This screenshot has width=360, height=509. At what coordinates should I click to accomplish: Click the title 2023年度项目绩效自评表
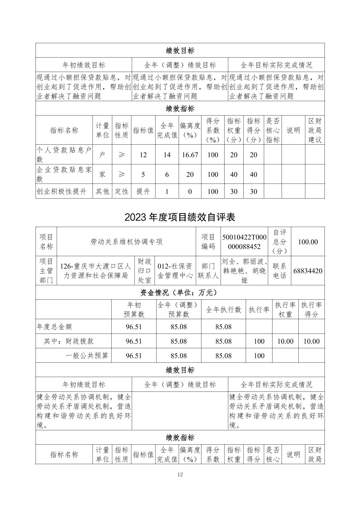180,217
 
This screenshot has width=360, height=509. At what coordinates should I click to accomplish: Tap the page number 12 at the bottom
180,474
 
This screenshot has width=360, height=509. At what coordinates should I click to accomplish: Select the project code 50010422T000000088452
244,242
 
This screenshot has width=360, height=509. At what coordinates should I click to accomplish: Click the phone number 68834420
308,271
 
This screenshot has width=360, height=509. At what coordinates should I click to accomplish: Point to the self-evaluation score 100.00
308,242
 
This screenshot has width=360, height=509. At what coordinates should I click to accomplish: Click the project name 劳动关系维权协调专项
126,242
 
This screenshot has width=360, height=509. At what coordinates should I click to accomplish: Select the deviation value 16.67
190,155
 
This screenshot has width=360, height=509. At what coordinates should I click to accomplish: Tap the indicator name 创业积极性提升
62,192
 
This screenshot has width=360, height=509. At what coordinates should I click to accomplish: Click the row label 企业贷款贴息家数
64,174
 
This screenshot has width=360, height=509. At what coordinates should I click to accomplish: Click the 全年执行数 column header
223,310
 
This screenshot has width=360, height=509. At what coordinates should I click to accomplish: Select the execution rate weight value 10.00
285,341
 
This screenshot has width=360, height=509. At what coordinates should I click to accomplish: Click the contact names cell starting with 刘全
244,271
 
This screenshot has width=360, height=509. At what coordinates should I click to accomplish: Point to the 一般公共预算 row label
87,356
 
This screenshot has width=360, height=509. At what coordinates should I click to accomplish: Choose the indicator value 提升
143,192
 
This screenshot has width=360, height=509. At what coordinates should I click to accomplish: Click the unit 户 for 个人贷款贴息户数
102,155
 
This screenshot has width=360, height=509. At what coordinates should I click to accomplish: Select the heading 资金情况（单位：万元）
180,292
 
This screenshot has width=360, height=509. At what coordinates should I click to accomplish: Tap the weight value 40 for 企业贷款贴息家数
234,174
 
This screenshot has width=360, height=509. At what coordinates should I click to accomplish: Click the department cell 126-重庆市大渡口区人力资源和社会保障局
96,271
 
